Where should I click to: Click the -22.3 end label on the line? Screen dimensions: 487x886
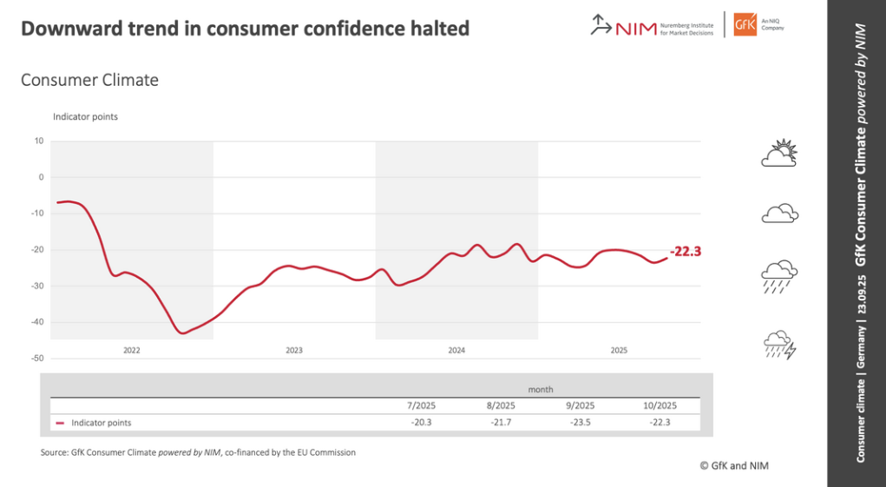tap(686, 252)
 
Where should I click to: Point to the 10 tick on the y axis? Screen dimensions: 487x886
tap(39, 141)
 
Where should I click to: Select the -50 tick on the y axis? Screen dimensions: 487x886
tap(37, 359)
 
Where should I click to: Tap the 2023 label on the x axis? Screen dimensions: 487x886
tap(294, 351)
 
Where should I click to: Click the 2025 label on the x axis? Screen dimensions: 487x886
tap(619, 351)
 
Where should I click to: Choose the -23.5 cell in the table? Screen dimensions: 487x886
tap(581, 423)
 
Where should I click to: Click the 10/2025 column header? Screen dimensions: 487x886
tap(659, 405)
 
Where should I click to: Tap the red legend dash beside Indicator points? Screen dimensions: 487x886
tap(60, 424)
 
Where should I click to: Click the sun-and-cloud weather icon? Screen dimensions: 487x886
tap(778, 154)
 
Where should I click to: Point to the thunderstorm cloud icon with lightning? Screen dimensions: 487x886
tap(779, 345)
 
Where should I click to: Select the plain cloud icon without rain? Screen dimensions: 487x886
tap(779, 212)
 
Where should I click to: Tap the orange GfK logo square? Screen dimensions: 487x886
tap(745, 24)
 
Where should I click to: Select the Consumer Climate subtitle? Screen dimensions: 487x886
tap(89, 80)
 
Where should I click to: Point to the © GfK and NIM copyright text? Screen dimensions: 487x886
tap(733, 465)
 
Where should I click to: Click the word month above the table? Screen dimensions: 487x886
tap(541, 390)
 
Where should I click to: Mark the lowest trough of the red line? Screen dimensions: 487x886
tap(181, 332)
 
